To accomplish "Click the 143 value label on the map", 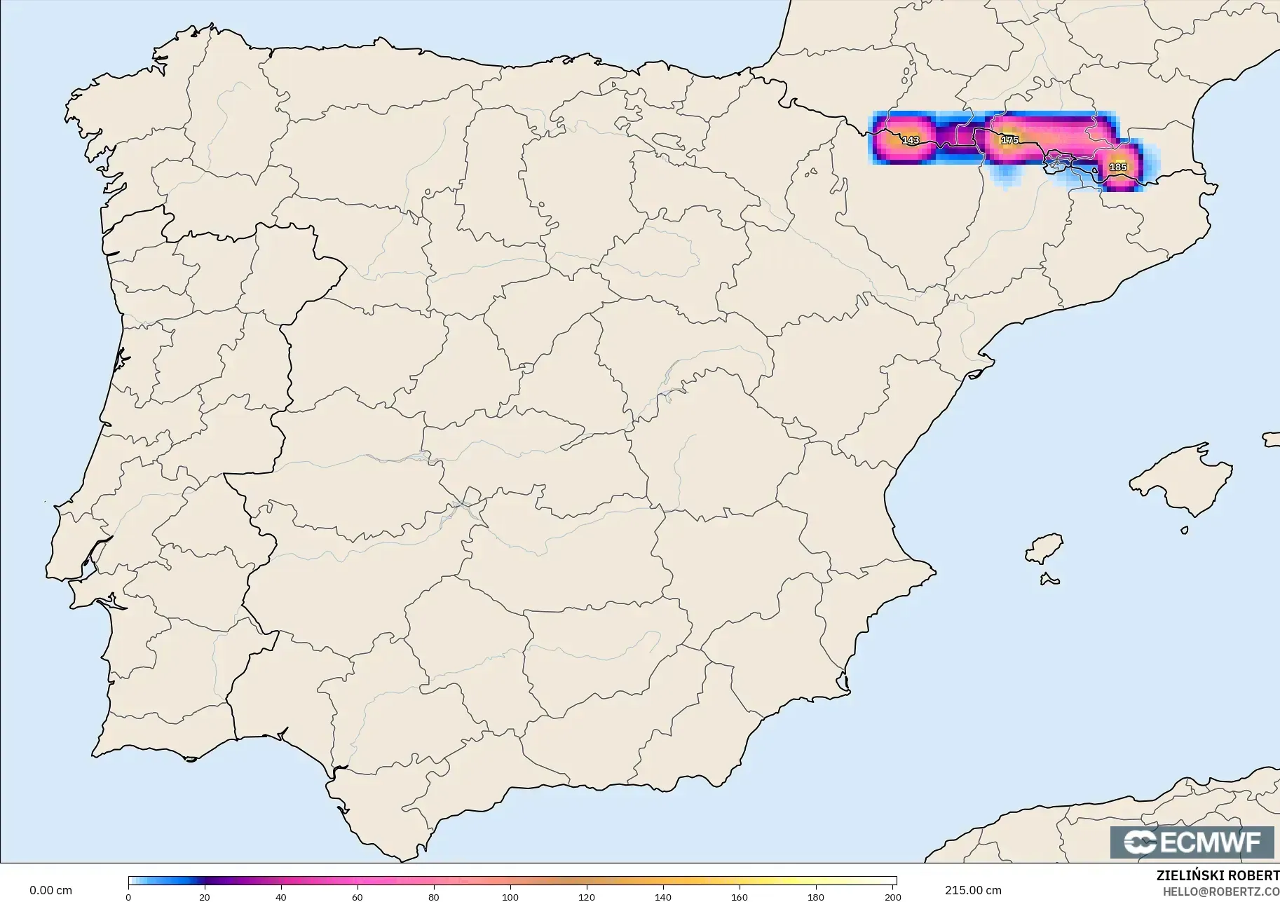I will coord(911,140).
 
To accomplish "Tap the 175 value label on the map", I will coord(1009,140).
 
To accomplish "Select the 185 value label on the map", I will coord(1118,167).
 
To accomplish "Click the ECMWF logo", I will coord(1192,842).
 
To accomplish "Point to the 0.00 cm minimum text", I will coord(50,890).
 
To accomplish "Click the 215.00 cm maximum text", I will coord(973,890).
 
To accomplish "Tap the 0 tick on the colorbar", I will coord(128,896).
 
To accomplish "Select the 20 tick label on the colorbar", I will coord(205,896).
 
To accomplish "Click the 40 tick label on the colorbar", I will coord(281,896).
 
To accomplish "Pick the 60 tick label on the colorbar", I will coord(358,896).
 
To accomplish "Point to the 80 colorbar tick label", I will coord(434,896).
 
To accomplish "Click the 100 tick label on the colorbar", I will coord(510,896).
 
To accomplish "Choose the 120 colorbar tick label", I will coord(587,896).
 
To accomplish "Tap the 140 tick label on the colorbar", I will coord(663,896).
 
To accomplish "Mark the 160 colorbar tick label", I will coord(740,896).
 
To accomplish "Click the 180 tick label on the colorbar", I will coord(816,896).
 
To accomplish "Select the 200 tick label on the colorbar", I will coord(892,896).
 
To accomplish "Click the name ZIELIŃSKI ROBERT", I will coord(1218,876).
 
